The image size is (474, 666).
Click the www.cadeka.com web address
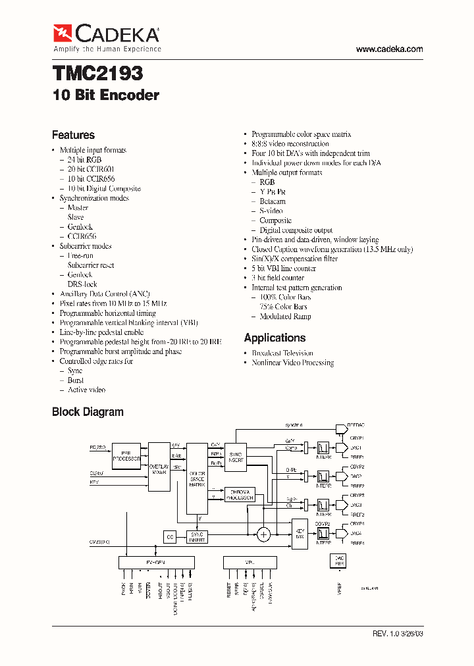tap(389, 49)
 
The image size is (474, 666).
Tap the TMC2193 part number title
tap(97, 72)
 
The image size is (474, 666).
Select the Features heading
tap(73, 135)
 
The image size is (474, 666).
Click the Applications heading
tap(275, 338)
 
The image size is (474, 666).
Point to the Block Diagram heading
tap(88, 412)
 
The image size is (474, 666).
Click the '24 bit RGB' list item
tap(84, 160)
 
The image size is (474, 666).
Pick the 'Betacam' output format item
tap(272, 201)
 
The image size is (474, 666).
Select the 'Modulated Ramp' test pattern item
tap(285, 317)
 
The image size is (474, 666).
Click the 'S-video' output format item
tap(271, 211)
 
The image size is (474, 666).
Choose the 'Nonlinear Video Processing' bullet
tap(292, 363)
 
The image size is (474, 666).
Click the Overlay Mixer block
tap(159, 467)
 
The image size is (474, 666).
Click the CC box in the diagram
tap(170, 538)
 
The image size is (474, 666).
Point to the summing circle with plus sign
tap(263, 534)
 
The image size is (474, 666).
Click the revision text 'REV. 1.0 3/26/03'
tap(398, 634)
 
